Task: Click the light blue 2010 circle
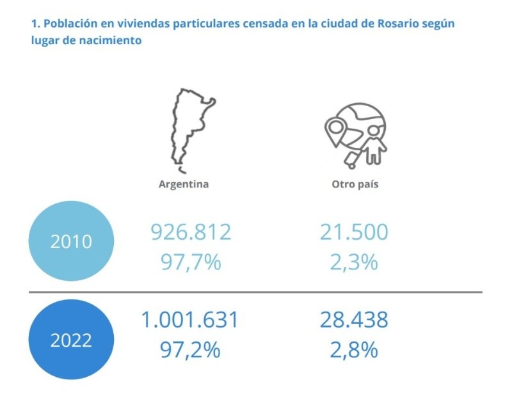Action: coord(72,242)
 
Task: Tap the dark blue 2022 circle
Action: coord(72,339)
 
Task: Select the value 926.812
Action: coord(191,232)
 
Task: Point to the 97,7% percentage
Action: coord(191,262)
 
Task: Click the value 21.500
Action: coord(354,232)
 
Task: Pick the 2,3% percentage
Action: coord(354,262)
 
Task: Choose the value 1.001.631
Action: coord(191,320)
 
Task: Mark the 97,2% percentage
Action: coord(191,349)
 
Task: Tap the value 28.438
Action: coord(354,320)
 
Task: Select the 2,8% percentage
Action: coord(354,349)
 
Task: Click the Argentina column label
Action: coord(184,184)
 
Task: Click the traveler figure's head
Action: coord(374,131)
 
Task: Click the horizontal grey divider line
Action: coord(256,292)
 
